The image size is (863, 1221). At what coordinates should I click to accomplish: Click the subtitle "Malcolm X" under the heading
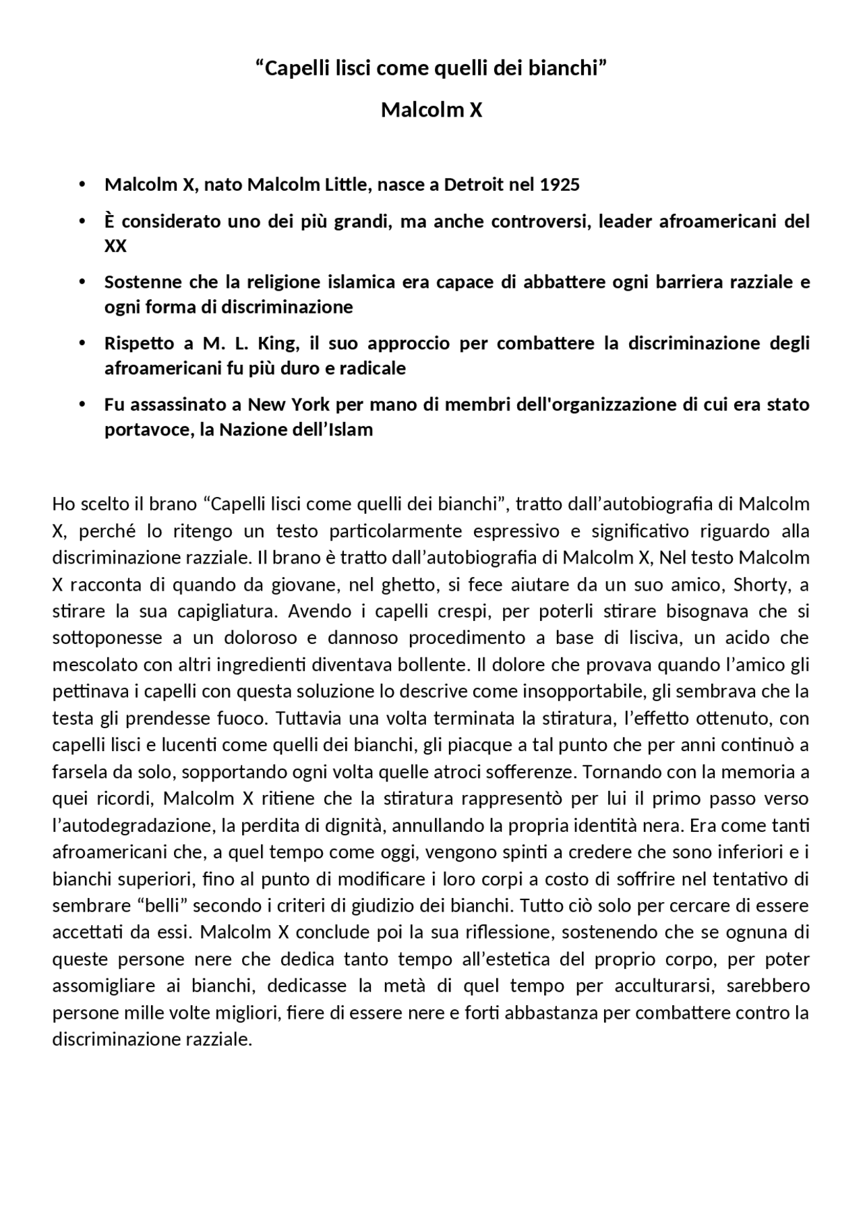pyautogui.click(x=431, y=110)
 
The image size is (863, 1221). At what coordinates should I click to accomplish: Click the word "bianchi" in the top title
pyautogui.click(x=566, y=68)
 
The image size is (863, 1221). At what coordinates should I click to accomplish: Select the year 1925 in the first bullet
pyautogui.click(x=560, y=185)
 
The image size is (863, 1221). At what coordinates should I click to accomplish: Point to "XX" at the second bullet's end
pyautogui.click(x=115, y=246)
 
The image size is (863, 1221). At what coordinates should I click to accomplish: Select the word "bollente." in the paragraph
pyautogui.click(x=436, y=665)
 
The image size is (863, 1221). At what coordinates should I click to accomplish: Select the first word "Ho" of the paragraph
pyautogui.click(x=63, y=504)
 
